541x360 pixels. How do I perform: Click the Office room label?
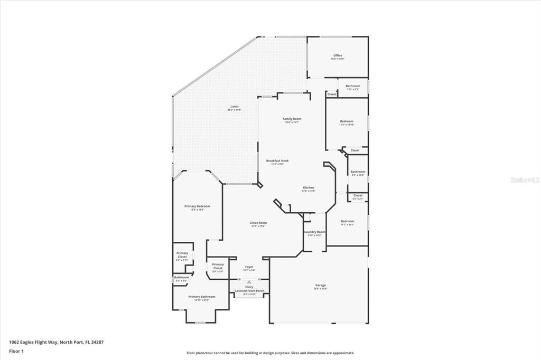click(338, 55)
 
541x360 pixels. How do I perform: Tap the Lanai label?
click(234, 106)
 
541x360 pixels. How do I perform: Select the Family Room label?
click(291, 119)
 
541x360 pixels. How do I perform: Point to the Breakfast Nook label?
click(277, 160)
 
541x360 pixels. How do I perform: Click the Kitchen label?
click(309, 187)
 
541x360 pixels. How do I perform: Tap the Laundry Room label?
click(314, 232)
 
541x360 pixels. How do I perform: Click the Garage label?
click(321, 285)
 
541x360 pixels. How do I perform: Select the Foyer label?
click(249, 267)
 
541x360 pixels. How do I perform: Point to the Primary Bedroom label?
click(197, 206)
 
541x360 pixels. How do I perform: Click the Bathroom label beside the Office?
click(353, 86)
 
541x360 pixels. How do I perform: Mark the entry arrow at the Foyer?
click(249, 282)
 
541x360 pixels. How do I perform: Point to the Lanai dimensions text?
click(234, 110)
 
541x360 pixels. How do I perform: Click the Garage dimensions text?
click(321, 289)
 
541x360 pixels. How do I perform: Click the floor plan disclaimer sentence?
click(270, 353)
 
